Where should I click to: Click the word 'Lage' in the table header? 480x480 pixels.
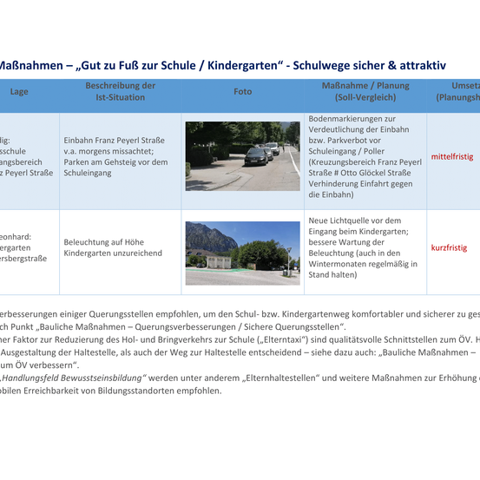[x=19, y=91]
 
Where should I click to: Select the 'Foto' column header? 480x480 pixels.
[x=242, y=91]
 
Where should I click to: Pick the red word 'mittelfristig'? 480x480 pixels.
[x=452, y=157]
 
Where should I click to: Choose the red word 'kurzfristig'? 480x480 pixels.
[x=449, y=247]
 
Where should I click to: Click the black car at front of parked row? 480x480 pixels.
[x=257, y=156]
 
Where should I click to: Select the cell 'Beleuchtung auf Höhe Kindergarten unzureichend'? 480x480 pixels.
[x=113, y=247]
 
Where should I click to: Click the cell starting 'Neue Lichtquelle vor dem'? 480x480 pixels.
[x=363, y=247]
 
